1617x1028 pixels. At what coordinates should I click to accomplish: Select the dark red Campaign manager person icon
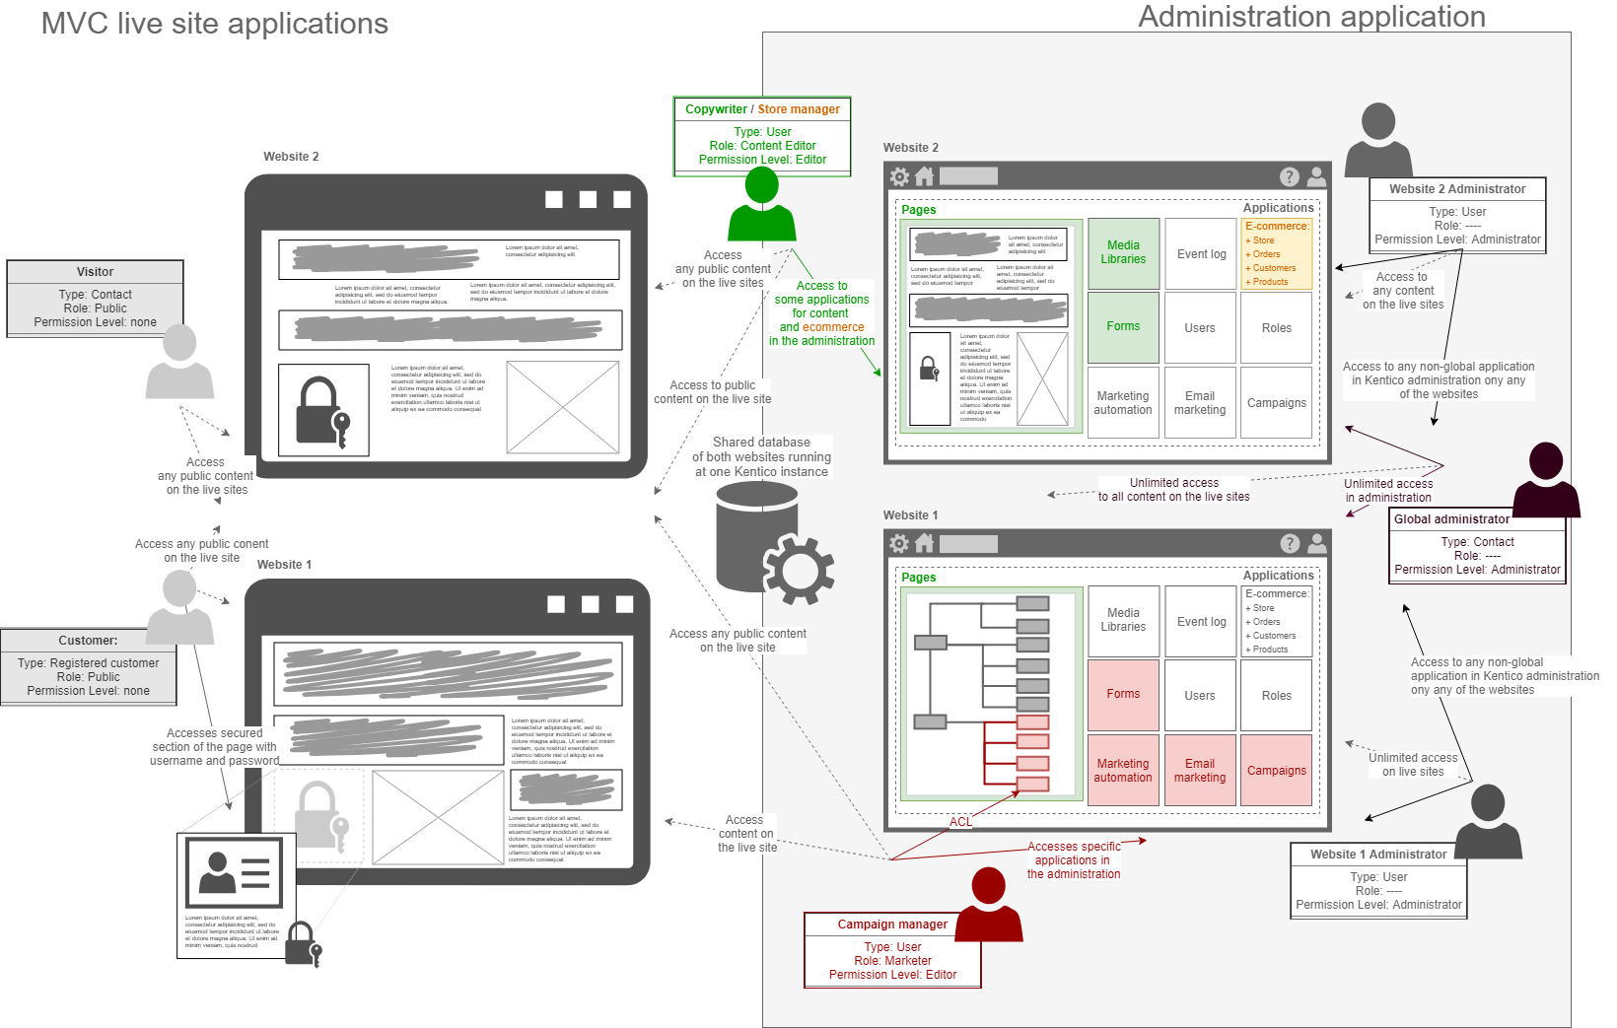click(988, 906)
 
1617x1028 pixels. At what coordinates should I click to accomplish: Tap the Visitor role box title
click(95, 272)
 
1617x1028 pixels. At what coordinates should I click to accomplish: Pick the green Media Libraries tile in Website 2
click(1123, 253)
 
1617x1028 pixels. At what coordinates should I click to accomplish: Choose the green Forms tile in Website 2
click(1123, 327)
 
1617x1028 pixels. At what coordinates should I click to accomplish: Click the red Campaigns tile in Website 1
click(1276, 771)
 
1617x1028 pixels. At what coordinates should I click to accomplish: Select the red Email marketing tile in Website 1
click(1200, 771)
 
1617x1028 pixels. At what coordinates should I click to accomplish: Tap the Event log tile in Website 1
click(1201, 622)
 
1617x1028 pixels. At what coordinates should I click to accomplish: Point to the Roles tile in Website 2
click(1276, 328)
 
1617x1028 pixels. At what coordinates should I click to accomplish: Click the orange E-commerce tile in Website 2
click(1276, 254)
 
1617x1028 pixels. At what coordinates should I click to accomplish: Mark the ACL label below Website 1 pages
click(960, 822)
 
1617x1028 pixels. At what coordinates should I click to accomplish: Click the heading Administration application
click(1311, 17)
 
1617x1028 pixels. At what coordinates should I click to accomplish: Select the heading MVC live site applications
click(214, 24)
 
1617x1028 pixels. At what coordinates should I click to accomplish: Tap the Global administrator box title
click(1451, 519)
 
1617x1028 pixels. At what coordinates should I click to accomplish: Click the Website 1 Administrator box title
click(1377, 855)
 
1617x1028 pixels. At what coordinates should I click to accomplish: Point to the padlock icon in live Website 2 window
click(322, 411)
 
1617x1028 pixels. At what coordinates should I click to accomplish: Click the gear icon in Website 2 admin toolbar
click(899, 176)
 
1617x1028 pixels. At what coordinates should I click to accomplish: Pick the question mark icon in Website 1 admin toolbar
click(1290, 544)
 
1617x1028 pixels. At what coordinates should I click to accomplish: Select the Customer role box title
click(88, 641)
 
